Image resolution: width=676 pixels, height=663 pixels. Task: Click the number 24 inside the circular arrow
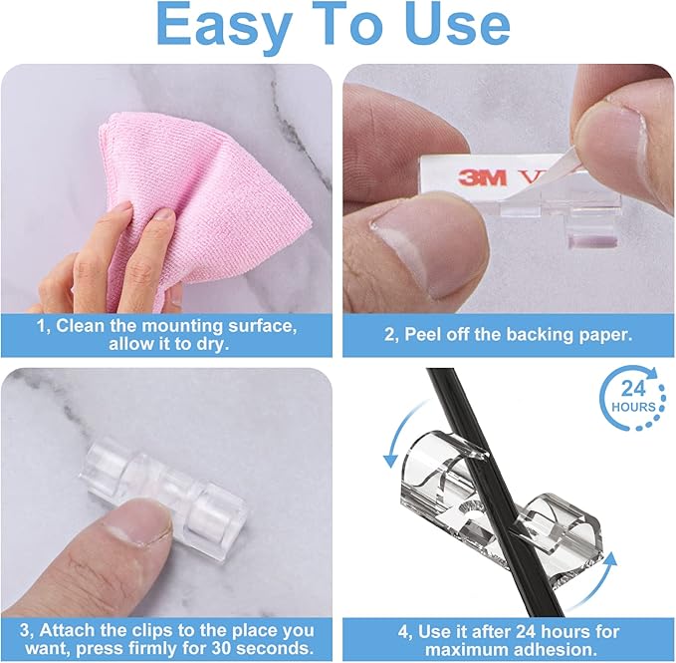coord(633,387)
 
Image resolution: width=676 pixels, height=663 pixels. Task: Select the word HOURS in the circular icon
coord(634,407)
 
